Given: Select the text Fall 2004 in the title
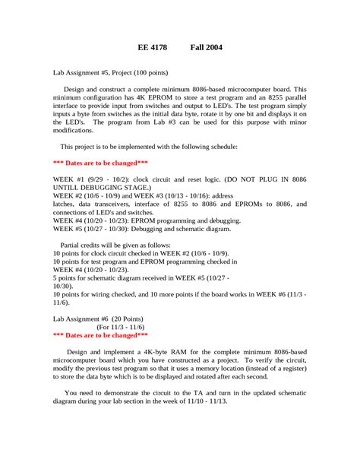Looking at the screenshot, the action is pyautogui.click(x=206, y=47).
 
